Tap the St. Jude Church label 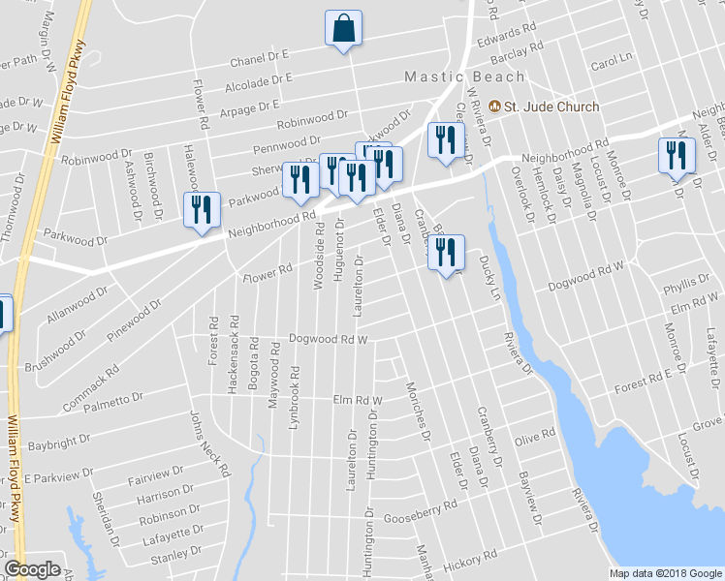pos(551,107)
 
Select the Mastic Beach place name pos(464,76)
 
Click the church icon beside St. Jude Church pos(494,107)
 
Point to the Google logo pos(32,569)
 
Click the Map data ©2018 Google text pos(665,573)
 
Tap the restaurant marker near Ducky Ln pos(446,254)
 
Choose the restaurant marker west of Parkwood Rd pos(201,211)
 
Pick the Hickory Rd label pos(469,561)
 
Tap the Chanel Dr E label pos(260,61)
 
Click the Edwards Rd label pos(507,35)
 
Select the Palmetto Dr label pos(117,403)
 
